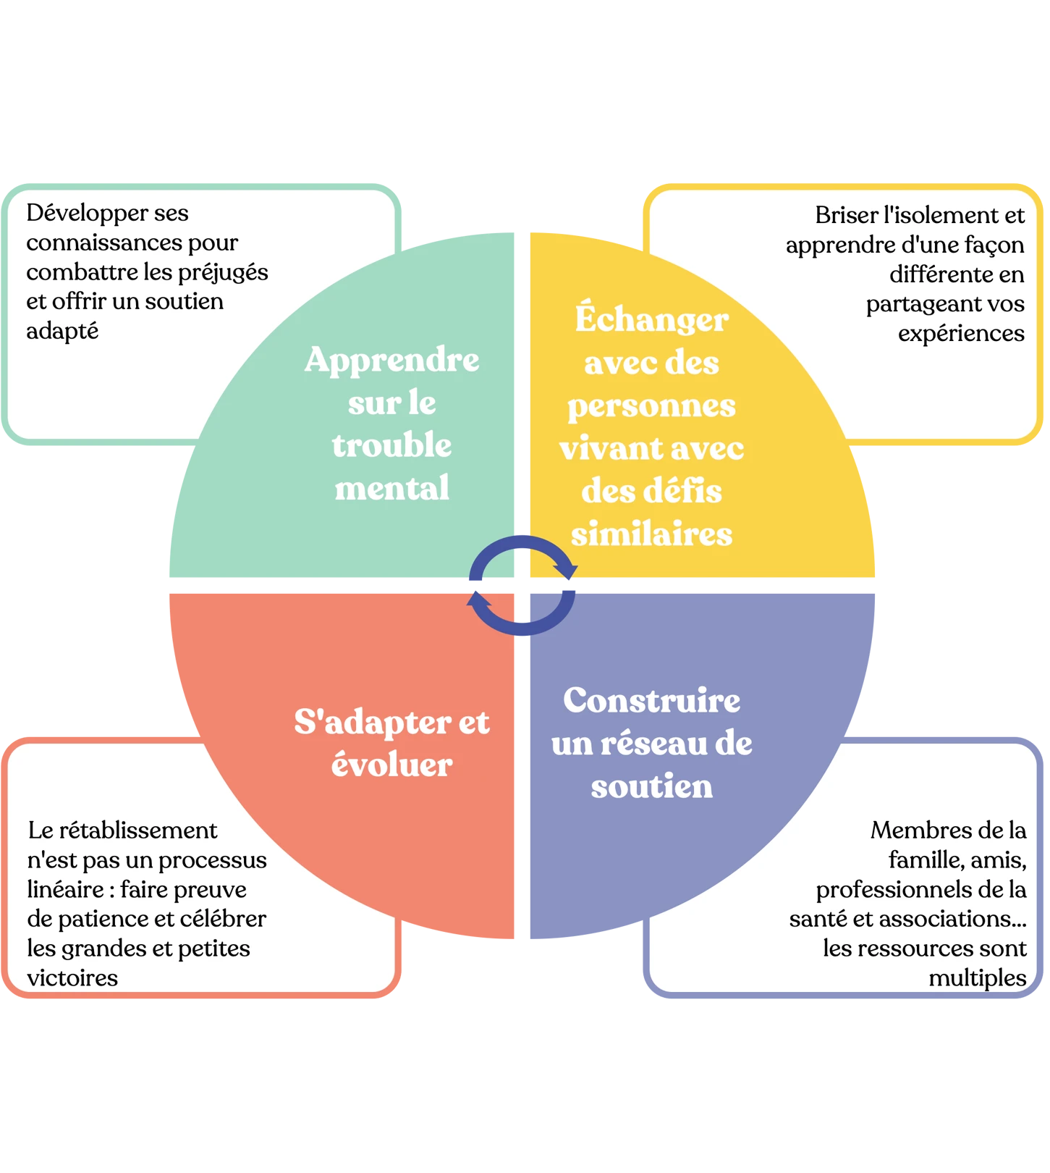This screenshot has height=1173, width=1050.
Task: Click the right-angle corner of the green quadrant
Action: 514,577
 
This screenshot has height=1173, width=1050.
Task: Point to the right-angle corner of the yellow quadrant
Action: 530,577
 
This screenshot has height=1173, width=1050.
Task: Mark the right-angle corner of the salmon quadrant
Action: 514,594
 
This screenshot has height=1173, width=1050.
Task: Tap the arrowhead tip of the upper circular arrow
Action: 570,580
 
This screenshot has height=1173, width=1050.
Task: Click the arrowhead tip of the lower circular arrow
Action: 475,591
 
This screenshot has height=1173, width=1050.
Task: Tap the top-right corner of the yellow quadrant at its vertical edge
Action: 530,232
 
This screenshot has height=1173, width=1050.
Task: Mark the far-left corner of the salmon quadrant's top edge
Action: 169,594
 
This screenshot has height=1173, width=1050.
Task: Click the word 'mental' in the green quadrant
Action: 391,488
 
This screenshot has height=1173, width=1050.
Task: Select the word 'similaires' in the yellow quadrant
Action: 651,534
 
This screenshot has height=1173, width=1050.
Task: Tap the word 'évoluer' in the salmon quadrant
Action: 391,765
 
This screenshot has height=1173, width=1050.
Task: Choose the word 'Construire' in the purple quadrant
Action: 651,700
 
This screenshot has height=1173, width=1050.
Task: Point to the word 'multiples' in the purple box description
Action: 977,978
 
